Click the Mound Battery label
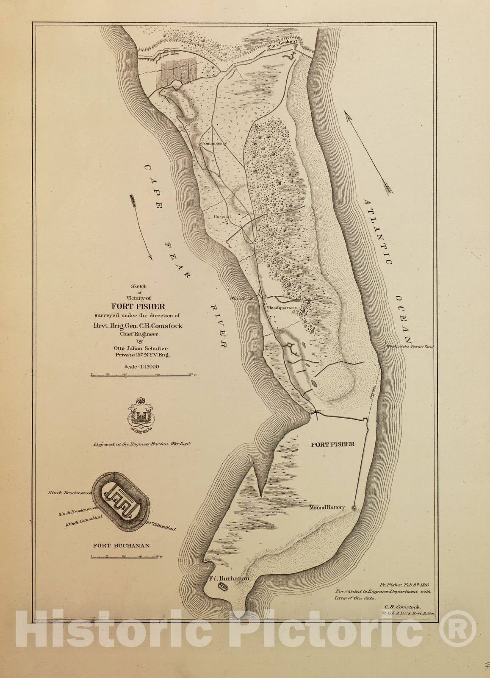(x=327, y=507)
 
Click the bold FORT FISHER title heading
(x=138, y=307)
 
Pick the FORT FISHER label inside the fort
(x=332, y=445)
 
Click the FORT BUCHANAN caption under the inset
(x=121, y=545)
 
